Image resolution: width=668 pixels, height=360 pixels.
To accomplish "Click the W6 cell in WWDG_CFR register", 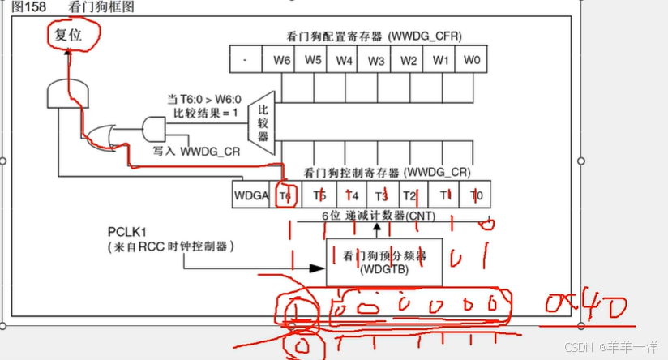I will pyautogui.click(x=281, y=60).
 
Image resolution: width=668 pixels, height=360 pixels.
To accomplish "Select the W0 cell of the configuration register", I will pyautogui.click(x=471, y=60).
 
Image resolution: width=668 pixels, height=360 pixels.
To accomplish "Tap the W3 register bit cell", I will pyautogui.click(x=376, y=60).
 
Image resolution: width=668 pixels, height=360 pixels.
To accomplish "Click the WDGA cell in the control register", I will pyautogui.click(x=250, y=195).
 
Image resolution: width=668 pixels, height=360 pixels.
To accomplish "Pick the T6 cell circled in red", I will pyautogui.click(x=285, y=195).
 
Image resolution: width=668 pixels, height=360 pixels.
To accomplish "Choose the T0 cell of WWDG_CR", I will pyautogui.click(x=476, y=195).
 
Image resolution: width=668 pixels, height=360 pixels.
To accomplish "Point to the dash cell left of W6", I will pyautogui.click(x=245, y=60).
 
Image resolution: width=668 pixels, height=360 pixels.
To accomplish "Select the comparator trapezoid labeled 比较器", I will pyautogui.click(x=263, y=122).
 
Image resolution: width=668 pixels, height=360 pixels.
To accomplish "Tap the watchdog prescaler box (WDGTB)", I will pyautogui.click(x=384, y=261).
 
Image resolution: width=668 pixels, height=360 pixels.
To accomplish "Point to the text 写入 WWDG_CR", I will pyautogui.click(x=187, y=151).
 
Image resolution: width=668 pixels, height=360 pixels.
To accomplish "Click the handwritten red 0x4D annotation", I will pyautogui.click(x=586, y=307).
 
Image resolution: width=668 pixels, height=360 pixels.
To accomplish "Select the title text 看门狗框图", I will pyautogui.click(x=101, y=6).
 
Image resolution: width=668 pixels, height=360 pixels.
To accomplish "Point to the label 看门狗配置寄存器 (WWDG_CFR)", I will pyautogui.click(x=374, y=36).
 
